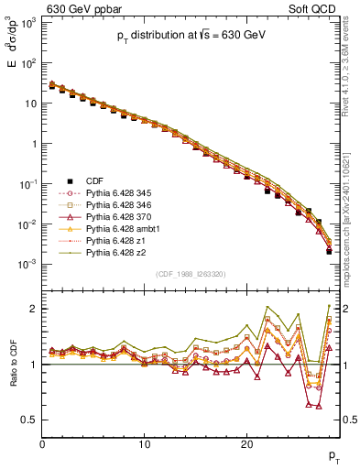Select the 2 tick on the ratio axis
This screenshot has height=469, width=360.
coord(33,309)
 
